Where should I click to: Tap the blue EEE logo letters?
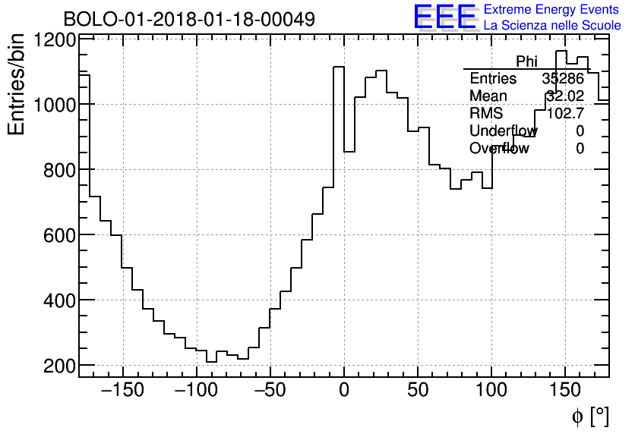(x=445, y=17)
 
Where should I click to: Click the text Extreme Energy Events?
(x=551, y=10)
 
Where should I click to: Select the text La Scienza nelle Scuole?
(x=552, y=26)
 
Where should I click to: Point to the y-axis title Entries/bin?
(x=17, y=85)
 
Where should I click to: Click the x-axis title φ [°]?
(x=590, y=416)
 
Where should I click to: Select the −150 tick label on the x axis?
(x=121, y=391)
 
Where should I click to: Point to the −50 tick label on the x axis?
(x=269, y=391)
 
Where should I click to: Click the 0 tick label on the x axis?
(x=344, y=391)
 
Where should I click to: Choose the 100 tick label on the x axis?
(x=491, y=391)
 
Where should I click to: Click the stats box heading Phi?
(x=526, y=61)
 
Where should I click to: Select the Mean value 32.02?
(x=564, y=96)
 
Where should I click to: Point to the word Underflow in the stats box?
(x=503, y=131)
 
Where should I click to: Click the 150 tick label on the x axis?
(x=566, y=391)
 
